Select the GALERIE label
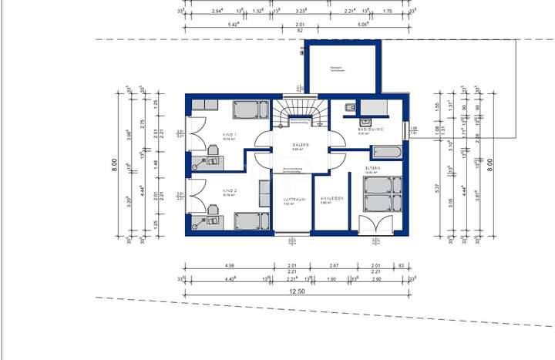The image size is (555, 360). click(301, 144)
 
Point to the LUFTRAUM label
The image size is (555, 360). click(294, 199)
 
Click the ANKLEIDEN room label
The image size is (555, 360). click(331, 199)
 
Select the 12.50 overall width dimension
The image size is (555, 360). click(297, 291)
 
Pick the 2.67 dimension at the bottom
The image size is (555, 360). click(334, 265)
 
